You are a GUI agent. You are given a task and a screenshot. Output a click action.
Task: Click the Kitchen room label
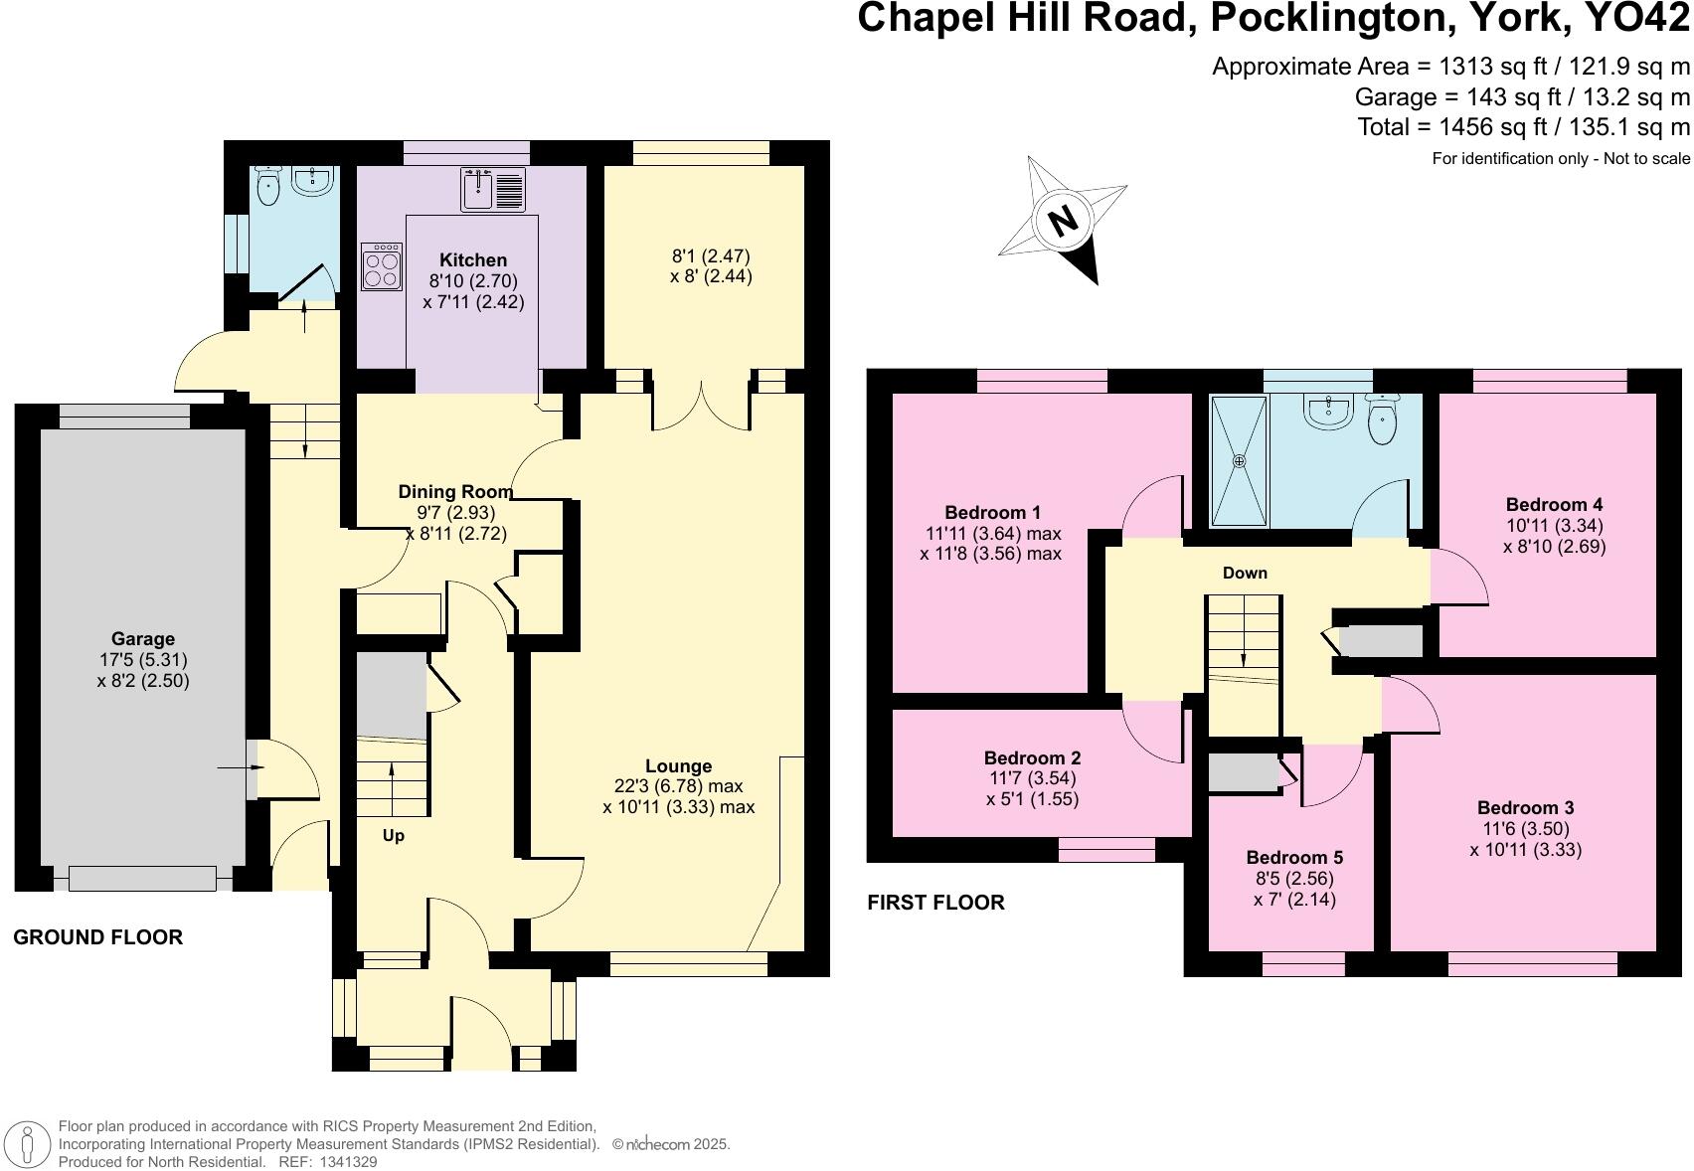pyautogui.click(x=473, y=260)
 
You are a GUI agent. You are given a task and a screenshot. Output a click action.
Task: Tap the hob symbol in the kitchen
pyautogui.click(x=382, y=265)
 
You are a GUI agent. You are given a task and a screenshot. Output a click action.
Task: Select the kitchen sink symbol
pyautogui.click(x=493, y=189)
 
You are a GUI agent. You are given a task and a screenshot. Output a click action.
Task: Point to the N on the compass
pyautogui.click(x=1064, y=219)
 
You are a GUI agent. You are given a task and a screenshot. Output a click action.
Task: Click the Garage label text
pyautogui.click(x=143, y=639)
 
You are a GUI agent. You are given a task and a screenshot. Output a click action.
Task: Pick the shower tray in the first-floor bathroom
pyautogui.click(x=1239, y=461)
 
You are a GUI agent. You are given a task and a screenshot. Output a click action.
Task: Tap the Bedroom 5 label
pyautogui.click(x=1293, y=857)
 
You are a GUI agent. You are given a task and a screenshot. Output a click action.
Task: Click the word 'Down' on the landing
pyautogui.click(x=1245, y=573)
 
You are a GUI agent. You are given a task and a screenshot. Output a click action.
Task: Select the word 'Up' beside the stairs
pyautogui.click(x=394, y=836)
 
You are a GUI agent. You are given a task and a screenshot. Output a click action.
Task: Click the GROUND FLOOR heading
pyautogui.click(x=97, y=937)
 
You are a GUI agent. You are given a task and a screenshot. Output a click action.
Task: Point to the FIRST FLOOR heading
pyautogui.click(x=935, y=903)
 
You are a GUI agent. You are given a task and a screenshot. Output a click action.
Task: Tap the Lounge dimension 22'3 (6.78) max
pyautogui.click(x=678, y=786)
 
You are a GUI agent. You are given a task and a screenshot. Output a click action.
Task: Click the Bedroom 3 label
pyautogui.click(x=1525, y=807)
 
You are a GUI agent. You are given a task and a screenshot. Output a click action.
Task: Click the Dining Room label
pyautogui.click(x=455, y=491)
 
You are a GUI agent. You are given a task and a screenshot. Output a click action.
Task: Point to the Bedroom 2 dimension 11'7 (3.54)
pyautogui.click(x=1032, y=778)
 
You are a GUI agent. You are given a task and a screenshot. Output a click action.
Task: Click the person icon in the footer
pyautogui.click(x=32, y=1144)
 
